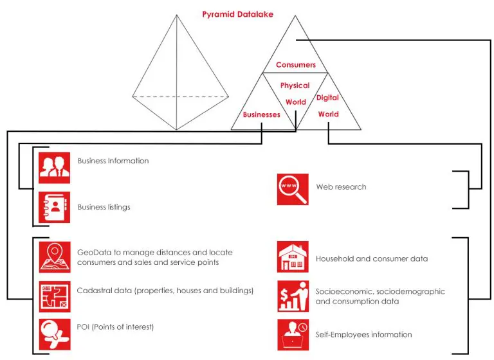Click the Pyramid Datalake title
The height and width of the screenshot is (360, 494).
point(237,14)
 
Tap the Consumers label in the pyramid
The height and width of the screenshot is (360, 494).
point(295,64)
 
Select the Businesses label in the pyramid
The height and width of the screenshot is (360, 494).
point(262,114)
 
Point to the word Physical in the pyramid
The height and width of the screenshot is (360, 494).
point(295,85)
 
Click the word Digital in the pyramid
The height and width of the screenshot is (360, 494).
point(327,98)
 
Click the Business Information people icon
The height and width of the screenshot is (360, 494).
point(55,168)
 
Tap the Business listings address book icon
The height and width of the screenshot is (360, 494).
point(55,207)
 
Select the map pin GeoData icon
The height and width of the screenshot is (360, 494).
point(55,257)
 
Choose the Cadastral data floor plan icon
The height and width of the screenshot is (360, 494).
point(55,296)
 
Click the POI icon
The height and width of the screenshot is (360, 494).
point(55,334)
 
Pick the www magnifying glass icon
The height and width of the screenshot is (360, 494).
point(293,189)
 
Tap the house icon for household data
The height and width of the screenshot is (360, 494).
point(293,256)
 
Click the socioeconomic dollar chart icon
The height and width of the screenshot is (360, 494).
point(293,296)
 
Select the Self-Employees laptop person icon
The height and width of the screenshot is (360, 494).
point(293,335)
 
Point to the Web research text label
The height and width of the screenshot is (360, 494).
point(341,187)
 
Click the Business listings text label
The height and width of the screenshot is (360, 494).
point(104,207)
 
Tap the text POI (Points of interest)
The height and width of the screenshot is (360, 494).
point(115,327)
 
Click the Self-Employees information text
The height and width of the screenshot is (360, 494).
point(364,334)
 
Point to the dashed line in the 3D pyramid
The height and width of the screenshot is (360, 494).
point(181,96)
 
